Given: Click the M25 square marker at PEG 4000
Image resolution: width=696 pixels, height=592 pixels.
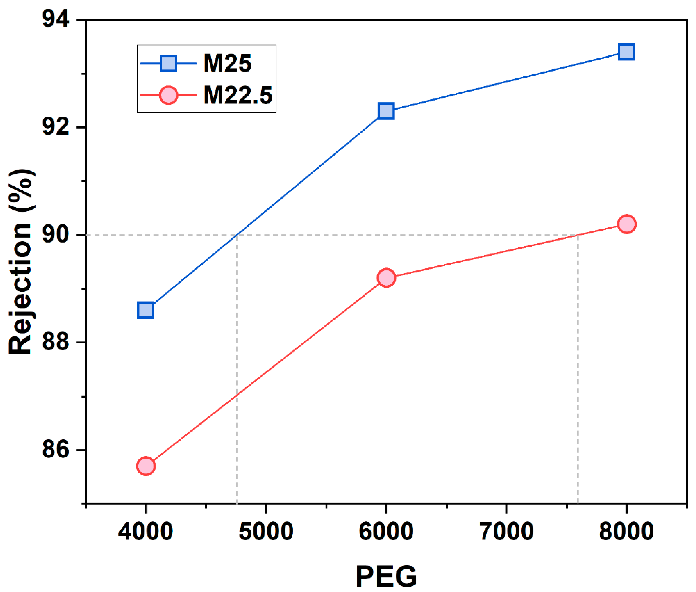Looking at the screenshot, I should [x=145, y=310].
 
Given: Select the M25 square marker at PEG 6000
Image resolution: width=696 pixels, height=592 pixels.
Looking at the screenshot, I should [x=386, y=111].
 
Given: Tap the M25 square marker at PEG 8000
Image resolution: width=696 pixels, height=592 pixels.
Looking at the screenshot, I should [x=626, y=52].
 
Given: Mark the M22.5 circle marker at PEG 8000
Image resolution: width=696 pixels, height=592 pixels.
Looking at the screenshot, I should [x=626, y=224].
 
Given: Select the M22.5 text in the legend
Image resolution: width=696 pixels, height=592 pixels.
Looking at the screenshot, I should [x=238, y=95].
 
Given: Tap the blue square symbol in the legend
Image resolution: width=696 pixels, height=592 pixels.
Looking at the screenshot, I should [x=168, y=63].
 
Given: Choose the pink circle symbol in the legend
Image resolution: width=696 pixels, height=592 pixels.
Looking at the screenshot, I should [x=168, y=95].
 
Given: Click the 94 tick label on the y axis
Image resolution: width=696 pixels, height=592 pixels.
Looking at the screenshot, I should [x=56, y=19].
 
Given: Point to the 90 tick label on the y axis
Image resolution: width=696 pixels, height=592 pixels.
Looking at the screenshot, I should [x=56, y=235].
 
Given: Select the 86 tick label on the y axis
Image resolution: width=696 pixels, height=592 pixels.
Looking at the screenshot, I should [x=56, y=450].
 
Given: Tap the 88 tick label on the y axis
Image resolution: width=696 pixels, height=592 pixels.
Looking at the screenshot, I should [x=56, y=342].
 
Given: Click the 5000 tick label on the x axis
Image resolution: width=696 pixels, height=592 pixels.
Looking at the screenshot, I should [x=266, y=531].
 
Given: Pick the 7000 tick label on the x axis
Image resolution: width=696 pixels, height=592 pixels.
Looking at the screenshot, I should [x=506, y=531].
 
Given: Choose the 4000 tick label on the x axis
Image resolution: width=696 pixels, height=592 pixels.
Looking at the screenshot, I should [x=145, y=531].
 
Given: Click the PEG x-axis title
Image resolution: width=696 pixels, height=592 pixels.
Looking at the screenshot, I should [x=386, y=576].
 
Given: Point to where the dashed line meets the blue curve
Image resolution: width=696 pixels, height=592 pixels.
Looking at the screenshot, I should [x=237, y=235].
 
